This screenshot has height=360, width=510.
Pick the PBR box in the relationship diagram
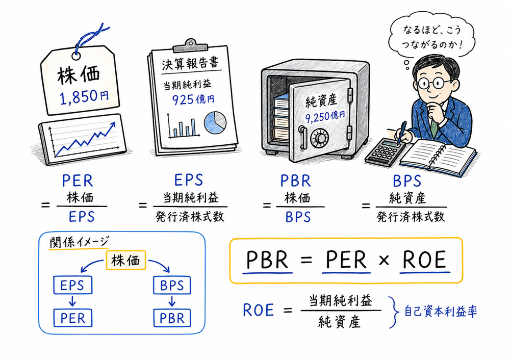[x=172, y=318]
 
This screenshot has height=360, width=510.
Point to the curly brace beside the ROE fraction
[x=393, y=312]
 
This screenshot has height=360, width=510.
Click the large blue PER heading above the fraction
[x=77, y=181]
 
